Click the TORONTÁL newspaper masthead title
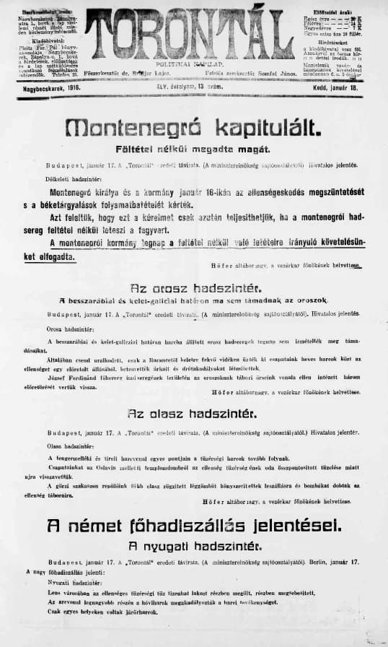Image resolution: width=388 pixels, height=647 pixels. [193, 34]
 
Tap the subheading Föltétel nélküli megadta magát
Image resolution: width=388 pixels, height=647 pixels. [193, 149]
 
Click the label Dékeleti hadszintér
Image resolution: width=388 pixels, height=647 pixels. [74, 177]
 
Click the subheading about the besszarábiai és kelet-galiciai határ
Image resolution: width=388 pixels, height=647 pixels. [193, 300]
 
